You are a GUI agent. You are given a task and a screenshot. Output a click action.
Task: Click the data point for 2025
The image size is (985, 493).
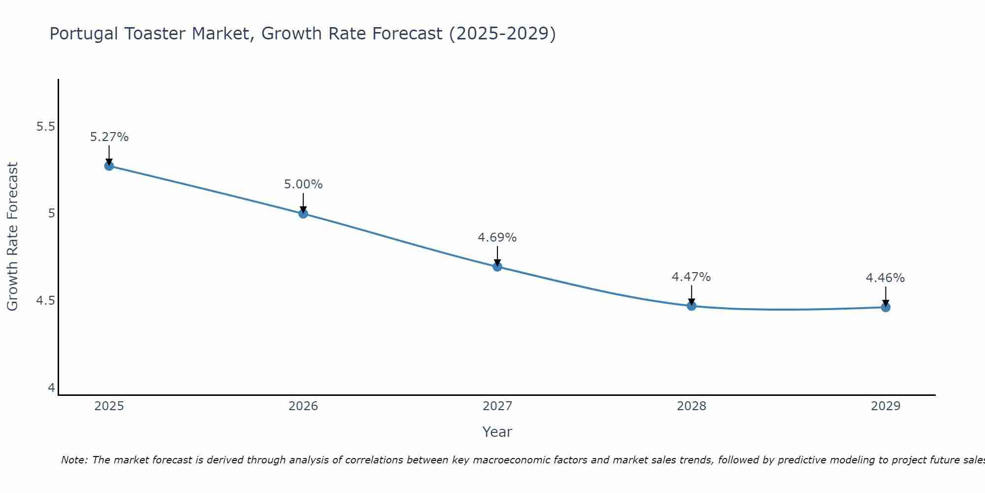[109, 166]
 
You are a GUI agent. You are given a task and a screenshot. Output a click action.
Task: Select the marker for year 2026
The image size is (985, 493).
[303, 213]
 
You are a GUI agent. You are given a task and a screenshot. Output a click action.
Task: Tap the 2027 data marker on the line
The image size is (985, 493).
[497, 267]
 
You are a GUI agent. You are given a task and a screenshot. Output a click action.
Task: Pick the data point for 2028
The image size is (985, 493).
[691, 306]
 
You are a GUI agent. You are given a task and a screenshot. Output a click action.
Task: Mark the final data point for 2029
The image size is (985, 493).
[886, 307]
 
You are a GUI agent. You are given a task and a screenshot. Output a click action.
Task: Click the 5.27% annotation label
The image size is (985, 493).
[109, 137]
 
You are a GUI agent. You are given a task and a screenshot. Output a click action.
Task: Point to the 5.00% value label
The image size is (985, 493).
[303, 184]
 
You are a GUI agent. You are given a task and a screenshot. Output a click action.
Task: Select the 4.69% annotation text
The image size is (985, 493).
[497, 238]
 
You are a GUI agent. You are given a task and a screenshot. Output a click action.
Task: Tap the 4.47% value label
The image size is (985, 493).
[691, 277]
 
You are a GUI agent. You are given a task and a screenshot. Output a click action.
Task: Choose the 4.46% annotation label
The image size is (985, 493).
[886, 278]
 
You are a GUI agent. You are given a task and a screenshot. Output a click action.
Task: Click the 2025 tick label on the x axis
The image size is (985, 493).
[109, 406]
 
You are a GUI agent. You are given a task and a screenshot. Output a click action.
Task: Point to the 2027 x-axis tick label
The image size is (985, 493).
[497, 406]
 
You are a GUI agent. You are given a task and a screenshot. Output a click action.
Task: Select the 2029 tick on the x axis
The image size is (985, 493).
[886, 406]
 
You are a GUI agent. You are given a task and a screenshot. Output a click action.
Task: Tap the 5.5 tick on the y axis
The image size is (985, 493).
[45, 127]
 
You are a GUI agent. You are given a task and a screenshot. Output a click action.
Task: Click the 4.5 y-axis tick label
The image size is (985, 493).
[45, 301]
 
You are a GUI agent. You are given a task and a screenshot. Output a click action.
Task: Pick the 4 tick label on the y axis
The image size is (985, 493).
[51, 388]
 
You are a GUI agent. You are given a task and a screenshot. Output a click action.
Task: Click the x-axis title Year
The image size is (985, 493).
[497, 432]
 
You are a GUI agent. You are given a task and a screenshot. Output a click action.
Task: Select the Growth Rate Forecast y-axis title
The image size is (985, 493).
[12, 237]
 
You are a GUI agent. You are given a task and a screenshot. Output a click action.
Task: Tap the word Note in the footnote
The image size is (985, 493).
[73, 460]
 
